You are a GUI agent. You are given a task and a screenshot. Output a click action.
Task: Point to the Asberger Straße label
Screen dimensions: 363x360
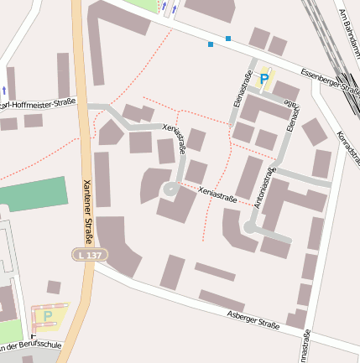coord(253,320)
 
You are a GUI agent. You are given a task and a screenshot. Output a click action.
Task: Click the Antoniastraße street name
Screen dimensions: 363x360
coord(269,188)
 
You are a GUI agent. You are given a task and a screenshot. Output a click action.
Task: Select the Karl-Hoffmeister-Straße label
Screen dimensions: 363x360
coord(38,105)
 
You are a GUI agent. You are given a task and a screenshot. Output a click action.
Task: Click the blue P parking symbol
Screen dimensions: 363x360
coord(264,79)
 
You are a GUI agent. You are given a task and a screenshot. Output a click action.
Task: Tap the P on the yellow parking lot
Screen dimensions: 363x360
coord(48,315)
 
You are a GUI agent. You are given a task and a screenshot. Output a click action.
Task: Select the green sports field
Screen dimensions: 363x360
coord(34,194)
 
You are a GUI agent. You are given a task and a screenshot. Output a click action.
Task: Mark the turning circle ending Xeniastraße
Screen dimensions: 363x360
coord(170,190)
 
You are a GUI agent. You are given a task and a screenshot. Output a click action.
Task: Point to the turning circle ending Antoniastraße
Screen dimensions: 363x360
coord(250,227)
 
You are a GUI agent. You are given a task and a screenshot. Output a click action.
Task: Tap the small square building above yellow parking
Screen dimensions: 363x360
coord(53,288)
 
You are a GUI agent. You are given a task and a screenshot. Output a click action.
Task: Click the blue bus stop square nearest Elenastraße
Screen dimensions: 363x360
coord(228,39)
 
